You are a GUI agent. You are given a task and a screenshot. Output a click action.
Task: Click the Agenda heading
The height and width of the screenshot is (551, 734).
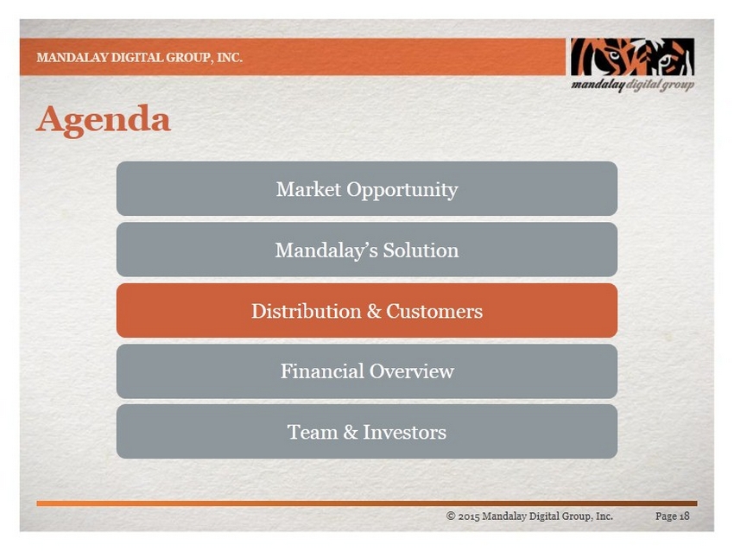103,121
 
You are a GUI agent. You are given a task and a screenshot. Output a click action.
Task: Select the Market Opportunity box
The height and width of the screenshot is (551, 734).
366,188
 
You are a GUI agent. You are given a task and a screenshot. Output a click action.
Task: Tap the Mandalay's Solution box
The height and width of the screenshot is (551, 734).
366,250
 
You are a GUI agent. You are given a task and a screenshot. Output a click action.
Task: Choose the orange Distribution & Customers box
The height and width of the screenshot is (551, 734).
366,310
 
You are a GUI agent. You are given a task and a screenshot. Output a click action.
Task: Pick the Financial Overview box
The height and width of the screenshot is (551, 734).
366,371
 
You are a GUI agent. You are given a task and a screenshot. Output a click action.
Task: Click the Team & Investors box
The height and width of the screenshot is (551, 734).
366,432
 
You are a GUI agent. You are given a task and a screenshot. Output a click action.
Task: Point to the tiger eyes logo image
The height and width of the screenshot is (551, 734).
632,57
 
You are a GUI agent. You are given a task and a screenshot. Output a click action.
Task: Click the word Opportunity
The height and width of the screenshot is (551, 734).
402,191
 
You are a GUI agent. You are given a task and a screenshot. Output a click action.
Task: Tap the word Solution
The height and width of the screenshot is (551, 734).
421,250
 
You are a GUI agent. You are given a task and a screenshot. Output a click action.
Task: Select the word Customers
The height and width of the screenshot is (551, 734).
434,311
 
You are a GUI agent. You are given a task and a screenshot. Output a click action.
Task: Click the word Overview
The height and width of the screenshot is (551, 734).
411,371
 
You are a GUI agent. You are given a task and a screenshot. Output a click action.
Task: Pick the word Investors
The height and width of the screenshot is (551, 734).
404,432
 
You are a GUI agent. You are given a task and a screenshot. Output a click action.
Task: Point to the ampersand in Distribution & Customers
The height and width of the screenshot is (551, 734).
374,311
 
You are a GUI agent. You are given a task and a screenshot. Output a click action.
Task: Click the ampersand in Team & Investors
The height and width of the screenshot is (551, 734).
351,432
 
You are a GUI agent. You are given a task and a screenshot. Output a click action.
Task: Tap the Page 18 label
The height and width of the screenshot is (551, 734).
672,516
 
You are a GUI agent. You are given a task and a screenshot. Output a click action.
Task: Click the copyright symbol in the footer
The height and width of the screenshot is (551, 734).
451,516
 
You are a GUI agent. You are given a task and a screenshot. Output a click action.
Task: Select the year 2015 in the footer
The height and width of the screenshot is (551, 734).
469,516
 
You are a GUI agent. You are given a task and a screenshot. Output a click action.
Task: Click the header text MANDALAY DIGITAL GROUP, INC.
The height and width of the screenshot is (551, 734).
140,58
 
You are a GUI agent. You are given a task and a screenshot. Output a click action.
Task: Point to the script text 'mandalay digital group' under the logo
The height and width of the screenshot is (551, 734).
632,85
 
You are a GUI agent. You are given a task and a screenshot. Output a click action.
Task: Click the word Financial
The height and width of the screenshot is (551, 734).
323,371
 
